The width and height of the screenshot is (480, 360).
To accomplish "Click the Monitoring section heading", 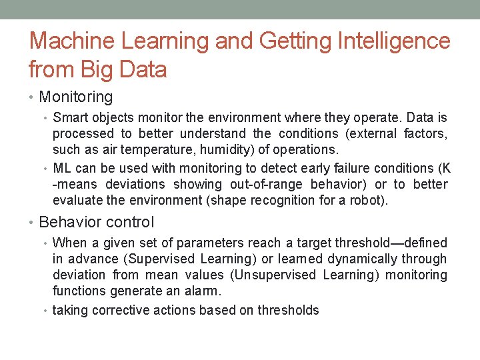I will pos(76,97).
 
